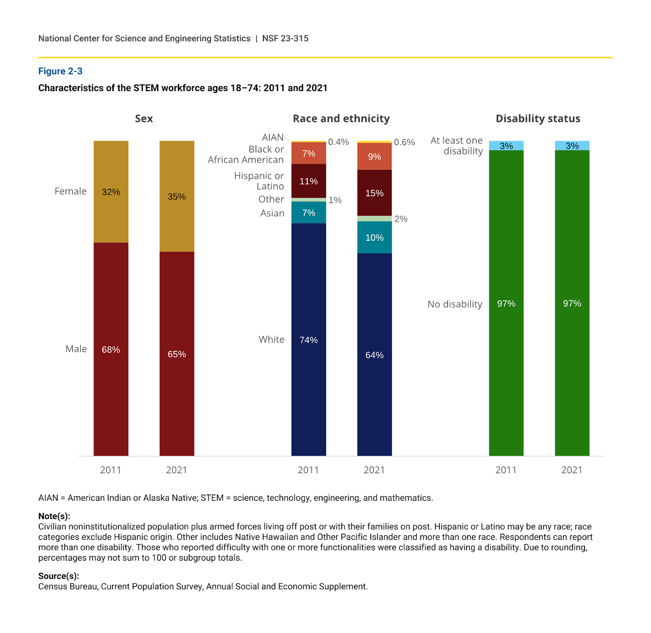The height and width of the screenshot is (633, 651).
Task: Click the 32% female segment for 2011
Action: [111, 192]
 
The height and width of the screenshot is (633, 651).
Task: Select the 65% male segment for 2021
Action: [177, 354]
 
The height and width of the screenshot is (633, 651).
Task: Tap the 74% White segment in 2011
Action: [309, 340]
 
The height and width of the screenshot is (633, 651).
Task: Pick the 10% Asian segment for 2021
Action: [375, 238]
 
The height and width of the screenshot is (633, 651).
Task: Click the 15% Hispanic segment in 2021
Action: [375, 193]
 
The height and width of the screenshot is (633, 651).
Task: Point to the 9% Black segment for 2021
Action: [375, 157]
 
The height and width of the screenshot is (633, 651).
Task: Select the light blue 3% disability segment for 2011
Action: [506, 146]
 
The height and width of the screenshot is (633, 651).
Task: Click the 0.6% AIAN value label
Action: [404, 142]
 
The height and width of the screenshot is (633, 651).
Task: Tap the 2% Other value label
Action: [401, 219]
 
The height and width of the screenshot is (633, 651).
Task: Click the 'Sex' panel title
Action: [144, 118]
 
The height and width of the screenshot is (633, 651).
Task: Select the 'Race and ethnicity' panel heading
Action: [341, 118]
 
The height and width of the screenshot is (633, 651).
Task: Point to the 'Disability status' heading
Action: [538, 118]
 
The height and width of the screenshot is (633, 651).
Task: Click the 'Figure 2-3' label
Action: [60, 71]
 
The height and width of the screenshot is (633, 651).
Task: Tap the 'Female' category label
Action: [70, 191]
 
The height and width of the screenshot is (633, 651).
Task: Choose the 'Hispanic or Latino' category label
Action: [259, 181]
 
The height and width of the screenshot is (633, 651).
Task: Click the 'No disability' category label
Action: [455, 304]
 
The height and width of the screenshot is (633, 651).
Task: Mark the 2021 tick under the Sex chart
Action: [177, 470]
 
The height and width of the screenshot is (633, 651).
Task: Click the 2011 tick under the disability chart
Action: [506, 470]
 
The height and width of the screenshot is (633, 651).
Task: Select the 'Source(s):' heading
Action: [59, 576]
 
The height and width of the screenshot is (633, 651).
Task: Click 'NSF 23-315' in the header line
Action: [285, 38]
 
